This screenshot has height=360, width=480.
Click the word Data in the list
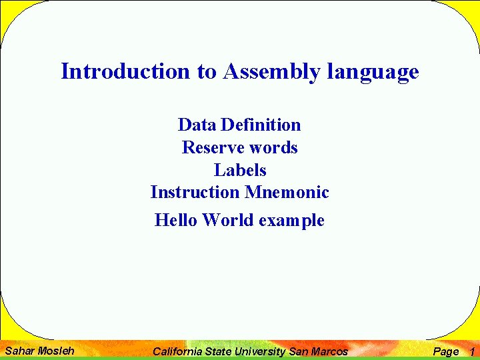(197, 125)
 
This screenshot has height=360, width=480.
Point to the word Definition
(261, 125)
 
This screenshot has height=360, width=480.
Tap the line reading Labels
(240, 170)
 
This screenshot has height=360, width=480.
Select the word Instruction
(195, 193)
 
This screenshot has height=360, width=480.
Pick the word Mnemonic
(287, 193)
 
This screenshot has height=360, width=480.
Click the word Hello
(176, 220)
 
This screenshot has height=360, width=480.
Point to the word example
(292, 221)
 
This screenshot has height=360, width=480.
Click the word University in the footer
(261, 351)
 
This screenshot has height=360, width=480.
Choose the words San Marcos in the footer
(318, 351)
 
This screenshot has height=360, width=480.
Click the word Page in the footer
(446, 351)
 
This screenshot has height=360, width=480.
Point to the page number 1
(471, 351)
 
